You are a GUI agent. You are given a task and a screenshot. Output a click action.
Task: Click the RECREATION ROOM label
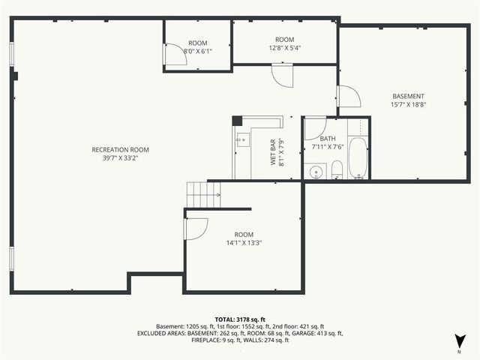coord(115,149)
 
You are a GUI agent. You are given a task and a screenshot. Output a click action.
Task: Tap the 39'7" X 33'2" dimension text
coord(115,158)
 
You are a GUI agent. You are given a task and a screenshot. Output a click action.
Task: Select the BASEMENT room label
coord(408,96)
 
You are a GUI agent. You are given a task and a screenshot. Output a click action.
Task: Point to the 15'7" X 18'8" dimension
coord(408,105)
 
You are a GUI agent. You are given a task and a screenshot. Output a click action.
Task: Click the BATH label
coord(328,139)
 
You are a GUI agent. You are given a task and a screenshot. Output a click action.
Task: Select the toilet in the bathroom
coord(337,169)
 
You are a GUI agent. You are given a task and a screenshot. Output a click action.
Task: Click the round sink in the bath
coord(315,172)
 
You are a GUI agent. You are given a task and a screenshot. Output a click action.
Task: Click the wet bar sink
coord(241,139)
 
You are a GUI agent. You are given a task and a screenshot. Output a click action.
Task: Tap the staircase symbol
coord(202,195)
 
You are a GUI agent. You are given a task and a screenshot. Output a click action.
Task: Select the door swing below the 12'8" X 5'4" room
coord(282,74)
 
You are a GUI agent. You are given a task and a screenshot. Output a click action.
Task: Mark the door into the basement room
coord(349,96)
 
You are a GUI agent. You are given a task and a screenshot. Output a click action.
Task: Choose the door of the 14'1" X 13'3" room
coord(195,229)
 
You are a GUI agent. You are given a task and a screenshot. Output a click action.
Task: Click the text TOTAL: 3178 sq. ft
coord(240,319)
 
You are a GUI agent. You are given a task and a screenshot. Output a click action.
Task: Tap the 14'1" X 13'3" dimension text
coord(244,242)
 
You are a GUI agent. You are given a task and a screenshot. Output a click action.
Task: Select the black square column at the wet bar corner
coord(237,120)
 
